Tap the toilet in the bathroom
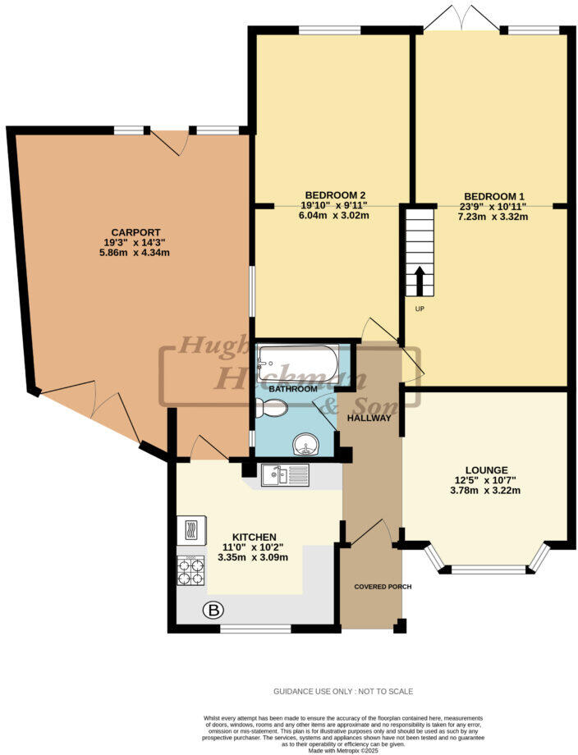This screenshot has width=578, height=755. tap(271, 406)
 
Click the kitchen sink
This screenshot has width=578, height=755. tap(284, 474)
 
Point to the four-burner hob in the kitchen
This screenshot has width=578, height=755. tap(190, 570)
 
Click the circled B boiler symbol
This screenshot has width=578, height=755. tap(213, 610)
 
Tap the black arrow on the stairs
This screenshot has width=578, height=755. tap(420, 281)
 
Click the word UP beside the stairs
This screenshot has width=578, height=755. tap(419, 309)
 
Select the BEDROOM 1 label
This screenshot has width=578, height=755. tap(494, 196)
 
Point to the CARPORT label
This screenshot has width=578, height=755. tap(136, 232)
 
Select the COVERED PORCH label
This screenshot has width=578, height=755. tap(382, 587)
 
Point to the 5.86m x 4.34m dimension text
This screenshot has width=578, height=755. tap(136, 253)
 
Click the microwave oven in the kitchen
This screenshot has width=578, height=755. tap(191, 530)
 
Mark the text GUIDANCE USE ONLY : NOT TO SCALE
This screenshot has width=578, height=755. tap(343, 692)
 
